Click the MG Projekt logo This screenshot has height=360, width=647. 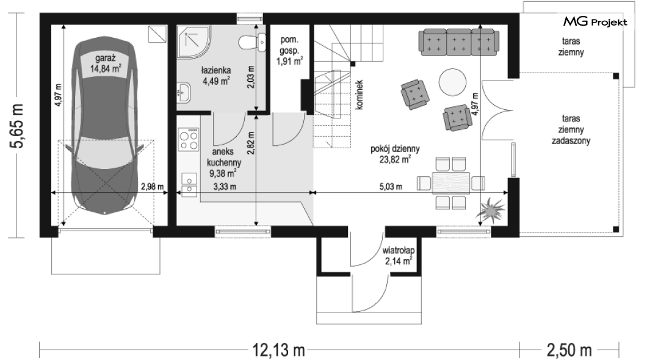tap(595, 22)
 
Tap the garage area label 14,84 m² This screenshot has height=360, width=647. tap(106, 68)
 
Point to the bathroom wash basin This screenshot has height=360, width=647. tap(184, 93)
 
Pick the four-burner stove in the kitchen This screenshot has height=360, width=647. tap(188, 139)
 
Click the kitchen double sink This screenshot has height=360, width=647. tap(189, 184)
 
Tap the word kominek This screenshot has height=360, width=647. tap(360, 95)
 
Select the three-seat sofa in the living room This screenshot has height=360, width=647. tap(458, 42)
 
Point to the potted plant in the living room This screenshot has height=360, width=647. tap(490, 209)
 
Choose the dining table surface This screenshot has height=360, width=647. tap(451, 182)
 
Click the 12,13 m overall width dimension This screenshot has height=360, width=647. tap(279, 350)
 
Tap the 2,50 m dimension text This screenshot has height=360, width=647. tap(569, 350)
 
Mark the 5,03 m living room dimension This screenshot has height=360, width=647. tap(391, 187)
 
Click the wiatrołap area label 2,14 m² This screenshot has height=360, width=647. tap(399, 261)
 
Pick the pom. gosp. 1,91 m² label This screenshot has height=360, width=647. tap(289, 51)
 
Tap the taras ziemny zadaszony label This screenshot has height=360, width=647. tap(571, 129)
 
